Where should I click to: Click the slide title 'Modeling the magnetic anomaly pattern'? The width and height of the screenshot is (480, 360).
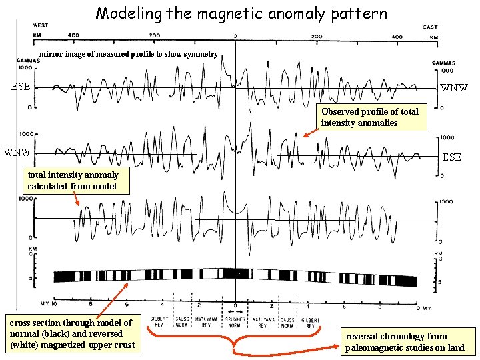241,13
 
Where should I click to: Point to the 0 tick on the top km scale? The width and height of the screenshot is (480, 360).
235,35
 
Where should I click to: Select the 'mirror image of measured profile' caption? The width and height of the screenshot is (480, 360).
128,54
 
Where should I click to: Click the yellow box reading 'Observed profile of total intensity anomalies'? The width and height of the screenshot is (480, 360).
370,117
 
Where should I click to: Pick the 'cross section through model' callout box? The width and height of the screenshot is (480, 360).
71,333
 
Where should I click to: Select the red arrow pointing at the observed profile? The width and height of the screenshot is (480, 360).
310,131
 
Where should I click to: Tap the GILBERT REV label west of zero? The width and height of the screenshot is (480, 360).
160,323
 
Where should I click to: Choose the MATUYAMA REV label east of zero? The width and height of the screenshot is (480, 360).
259,323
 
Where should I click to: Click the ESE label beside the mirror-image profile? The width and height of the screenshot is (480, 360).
21,86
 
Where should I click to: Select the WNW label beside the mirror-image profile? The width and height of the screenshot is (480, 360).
454,87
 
